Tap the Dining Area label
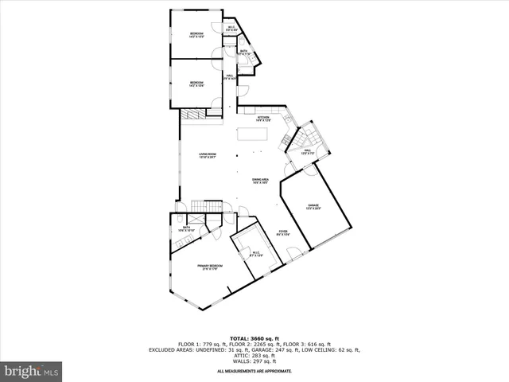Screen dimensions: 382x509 click(x=261, y=181)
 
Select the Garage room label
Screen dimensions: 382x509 click(x=313, y=207)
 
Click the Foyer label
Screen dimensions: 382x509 click(x=282, y=232)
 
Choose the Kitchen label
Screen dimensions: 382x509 click(x=262, y=119)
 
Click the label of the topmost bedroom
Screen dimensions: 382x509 click(x=196, y=35)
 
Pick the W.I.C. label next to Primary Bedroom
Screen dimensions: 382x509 click(x=256, y=255)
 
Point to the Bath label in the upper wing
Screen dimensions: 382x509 click(x=243, y=53)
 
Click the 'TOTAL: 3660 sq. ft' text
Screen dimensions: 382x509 click(x=254, y=338)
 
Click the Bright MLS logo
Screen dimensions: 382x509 click(x=32, y=371)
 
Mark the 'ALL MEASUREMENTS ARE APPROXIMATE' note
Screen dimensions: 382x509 click(x=254, y=372)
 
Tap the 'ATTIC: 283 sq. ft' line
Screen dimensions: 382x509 click(x=254, y=355)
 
